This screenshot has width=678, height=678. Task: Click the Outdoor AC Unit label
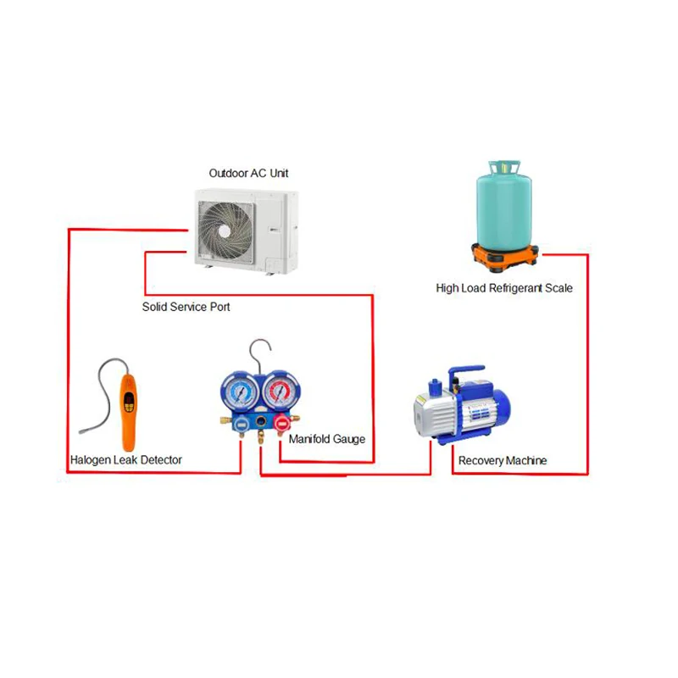click(249, 174)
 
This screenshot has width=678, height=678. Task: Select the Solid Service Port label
click(186, 307)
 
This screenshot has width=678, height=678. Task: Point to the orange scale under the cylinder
click(505, 256)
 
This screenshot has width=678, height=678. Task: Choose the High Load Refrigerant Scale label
click(504, 288)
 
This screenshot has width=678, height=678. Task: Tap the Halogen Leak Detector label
click(126, 460)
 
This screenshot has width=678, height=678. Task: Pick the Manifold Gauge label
click(327, 440)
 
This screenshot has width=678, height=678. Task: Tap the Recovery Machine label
click(503, 461)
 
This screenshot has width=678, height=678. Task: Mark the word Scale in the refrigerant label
click(558, 288)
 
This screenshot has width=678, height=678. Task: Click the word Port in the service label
click(219, 307)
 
